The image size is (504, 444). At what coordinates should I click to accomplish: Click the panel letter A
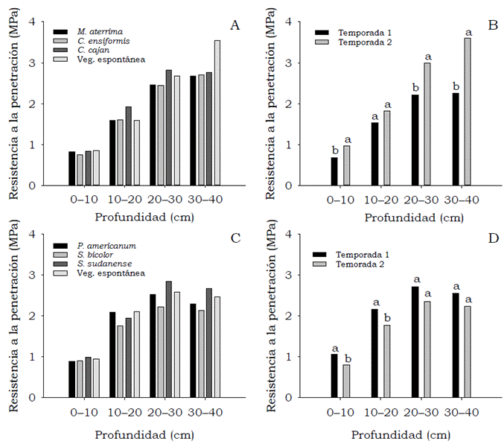235,26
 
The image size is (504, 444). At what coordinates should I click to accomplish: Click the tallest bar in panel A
217,112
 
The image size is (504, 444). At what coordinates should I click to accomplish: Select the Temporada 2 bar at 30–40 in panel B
468,112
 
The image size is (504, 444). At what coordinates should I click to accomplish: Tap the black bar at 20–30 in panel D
415,342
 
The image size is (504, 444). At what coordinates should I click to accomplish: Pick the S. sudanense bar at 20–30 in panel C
169,339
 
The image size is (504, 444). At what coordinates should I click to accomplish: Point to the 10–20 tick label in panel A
123,200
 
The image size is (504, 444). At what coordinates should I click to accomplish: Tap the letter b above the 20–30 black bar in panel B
414,88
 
